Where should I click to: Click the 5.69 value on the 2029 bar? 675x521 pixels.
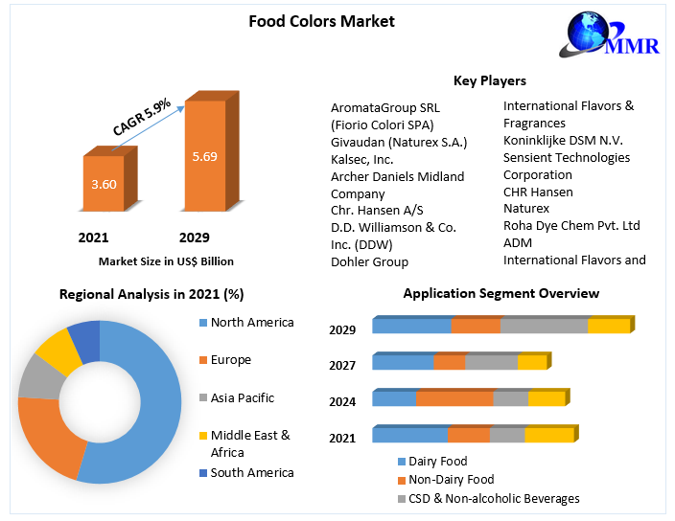pyautogui.click(x=204, y=156)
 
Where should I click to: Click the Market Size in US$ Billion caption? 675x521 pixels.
pyautogui.click(x=166, y=260)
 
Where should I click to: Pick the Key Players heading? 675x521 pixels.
pyautogui.click(x=489, y=80)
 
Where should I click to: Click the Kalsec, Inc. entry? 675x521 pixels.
pyautogui.click(x=362, y=159)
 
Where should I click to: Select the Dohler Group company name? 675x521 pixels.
pyautogui.click(x=369, y=261)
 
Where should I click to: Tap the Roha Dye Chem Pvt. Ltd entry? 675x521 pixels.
pyautogui.click(x=571, y=225)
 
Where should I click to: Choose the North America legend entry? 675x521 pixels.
pyautogui.click(x=252, y=323)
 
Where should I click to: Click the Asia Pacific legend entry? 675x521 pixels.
pyautogui.click(x=243, y=397)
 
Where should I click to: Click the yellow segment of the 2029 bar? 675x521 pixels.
pyautogui.click(x=608, y=326)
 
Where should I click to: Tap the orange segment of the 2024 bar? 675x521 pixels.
pyautogui.click(x=454, y=398)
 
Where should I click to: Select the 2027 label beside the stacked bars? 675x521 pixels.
pyautogui.click(x=342, y=365)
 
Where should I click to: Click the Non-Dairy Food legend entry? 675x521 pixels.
pyautogui.click(x=451, y=479)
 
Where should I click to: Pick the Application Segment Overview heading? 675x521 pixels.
pyautogui.click(x=500, y=293)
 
